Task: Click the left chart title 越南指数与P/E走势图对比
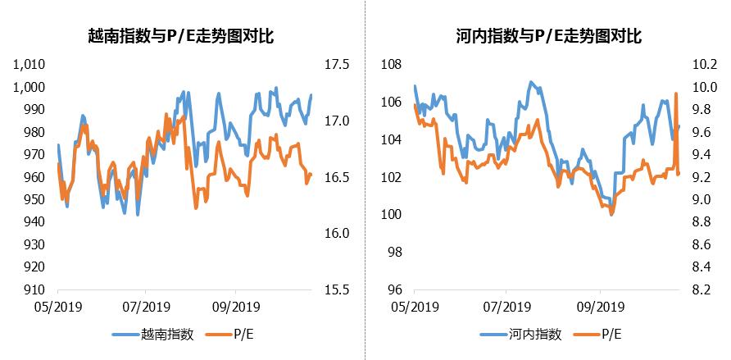click(x=182, y=36)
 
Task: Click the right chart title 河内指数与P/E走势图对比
click(x=548, y=36)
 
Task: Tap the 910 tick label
click(x=34, y=289)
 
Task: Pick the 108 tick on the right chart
click(x=391, y=65)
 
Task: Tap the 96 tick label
click(x=394, y=289)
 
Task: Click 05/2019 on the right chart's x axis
click(x=414, y=308)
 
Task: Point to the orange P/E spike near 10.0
click(x=676, y=94)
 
